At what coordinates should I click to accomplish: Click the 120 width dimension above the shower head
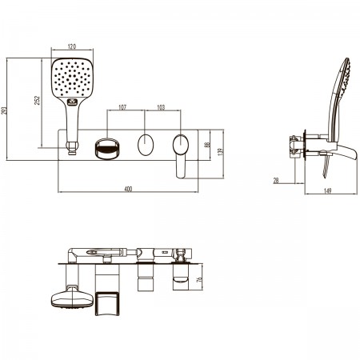click(72, 46)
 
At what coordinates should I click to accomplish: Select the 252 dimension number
click(38, 100)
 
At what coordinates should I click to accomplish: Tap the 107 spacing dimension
click(122, 107)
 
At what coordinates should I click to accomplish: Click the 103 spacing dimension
click(161, 107)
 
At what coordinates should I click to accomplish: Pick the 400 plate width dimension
click(128, 189)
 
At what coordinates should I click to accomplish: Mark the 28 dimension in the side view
click(276, 181)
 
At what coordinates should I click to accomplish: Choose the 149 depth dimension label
click(327, 191)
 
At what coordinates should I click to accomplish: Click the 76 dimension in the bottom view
click(199, 280)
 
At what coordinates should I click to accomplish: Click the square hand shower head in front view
click(72, 78)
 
